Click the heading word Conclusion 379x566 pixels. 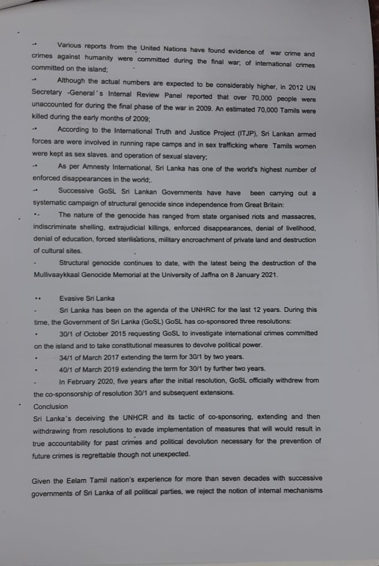click(51, 406)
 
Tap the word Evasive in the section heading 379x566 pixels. click(70, 298)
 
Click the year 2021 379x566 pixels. click(269, 275)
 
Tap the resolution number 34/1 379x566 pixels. click(67, 357)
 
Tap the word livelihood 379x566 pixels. click(299, 227)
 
